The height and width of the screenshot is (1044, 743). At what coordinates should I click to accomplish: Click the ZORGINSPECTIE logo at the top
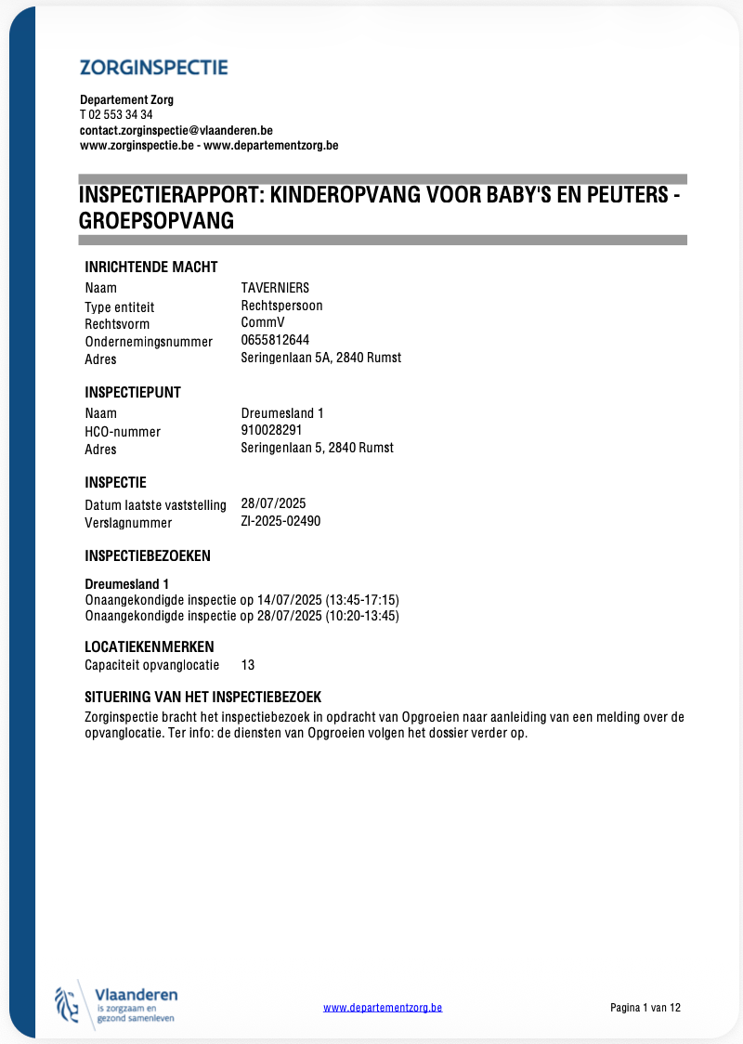(x=154, y=67)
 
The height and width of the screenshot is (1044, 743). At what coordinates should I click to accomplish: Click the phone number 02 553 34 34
(x=121, y=115)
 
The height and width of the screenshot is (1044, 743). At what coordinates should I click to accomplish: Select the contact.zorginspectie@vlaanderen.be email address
(x=176, y=131)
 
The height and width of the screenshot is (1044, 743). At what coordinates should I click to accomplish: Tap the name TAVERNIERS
(x=275, y=288)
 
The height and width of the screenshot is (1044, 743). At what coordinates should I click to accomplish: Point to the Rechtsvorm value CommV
(x=263, y=322)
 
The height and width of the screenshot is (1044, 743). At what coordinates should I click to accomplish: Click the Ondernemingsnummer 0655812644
(x=275, y=340)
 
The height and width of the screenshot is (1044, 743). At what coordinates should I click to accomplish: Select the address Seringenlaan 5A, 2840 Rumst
(x=320, y=358)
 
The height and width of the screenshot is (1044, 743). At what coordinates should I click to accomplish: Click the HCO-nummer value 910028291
(x=271, y=430)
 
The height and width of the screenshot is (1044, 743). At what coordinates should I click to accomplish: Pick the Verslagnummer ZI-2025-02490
(x=280, y=521)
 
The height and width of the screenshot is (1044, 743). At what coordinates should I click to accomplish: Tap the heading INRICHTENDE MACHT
(x=151, y=268)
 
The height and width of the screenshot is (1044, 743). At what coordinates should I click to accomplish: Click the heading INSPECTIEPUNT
(x=133, y=392)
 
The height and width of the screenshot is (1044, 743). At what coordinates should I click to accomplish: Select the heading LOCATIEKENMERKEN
(x=150, y=646)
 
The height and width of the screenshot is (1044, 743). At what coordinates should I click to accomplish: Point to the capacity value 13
(x=248, y=665)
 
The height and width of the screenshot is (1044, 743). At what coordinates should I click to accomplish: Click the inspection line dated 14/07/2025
(x=241, y=600)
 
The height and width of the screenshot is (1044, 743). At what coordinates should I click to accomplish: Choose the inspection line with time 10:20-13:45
(x=241, y=616)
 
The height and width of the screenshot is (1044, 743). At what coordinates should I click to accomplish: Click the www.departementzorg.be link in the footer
(x=383, y=1007)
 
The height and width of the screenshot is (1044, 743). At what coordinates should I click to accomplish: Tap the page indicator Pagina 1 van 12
(x=645, y=1007)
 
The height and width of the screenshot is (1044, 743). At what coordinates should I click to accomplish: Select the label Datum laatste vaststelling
(x=155, y=505)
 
